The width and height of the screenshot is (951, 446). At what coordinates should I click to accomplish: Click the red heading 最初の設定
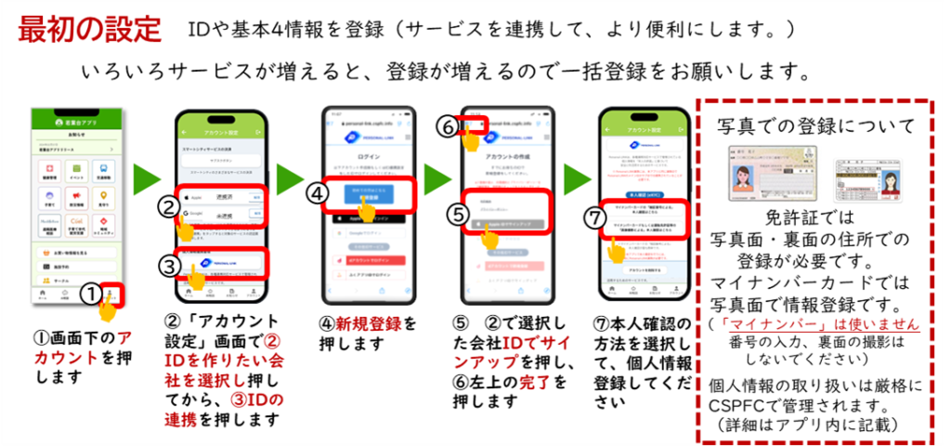pyautogui.click(x=89, y=28)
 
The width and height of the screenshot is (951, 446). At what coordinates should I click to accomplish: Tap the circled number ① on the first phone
pyautogui.click(x=89, y=295)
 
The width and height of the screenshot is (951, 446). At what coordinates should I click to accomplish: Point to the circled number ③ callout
pyautogui.click(x=168, y=267)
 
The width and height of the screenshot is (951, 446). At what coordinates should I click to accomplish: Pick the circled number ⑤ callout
pyautogui.click(x=456, y=212)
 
